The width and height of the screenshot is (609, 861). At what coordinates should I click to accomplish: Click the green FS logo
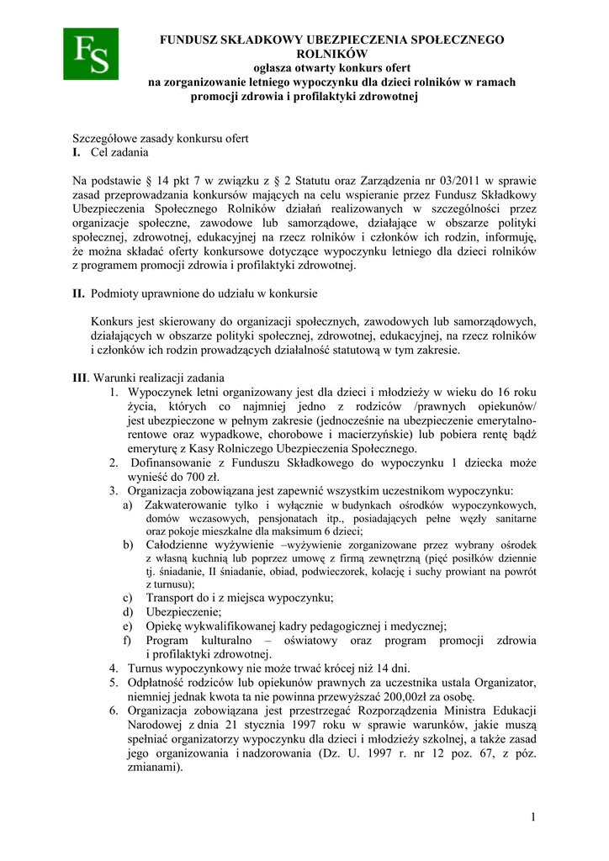[91, 54]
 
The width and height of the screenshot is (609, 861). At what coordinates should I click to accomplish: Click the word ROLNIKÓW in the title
[331, 53]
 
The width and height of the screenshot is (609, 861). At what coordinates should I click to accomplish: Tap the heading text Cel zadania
[119, 153]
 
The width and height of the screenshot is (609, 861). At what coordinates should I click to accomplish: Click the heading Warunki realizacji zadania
[159, 378]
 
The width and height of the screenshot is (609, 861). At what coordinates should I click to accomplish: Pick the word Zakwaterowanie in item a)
[186, 505]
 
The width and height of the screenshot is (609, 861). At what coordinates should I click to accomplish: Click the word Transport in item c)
[172, 598]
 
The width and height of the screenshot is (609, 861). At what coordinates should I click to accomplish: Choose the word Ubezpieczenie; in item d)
[184, 611]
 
